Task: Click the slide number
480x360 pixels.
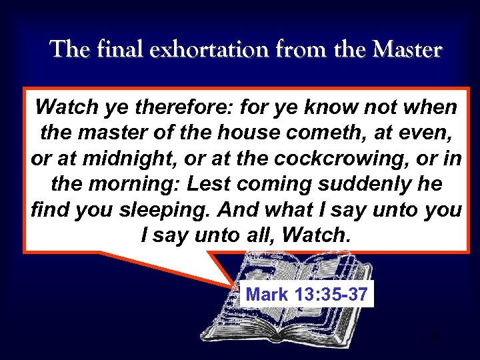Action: coord(435,337)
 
